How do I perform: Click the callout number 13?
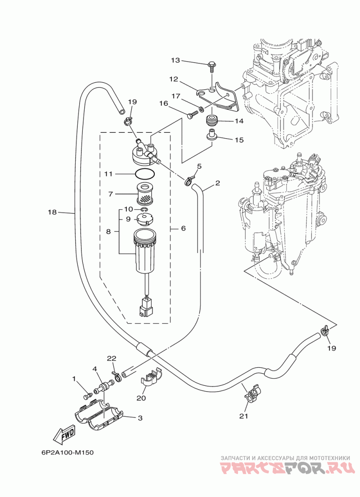pyautogui.click(x=175, y=60)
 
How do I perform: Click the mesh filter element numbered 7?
pyautogui.click(x=145, y=193)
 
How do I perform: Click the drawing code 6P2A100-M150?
pyautogui.click(x=67, y=452)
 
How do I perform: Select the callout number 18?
pyautogui.click(x=52, y=212)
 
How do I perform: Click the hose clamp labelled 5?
pyautogui.click(x=189, y=181)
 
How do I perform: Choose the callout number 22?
pyautogui.click(x=112, y=358)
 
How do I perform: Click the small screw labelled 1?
pyautogui.click(x=87, y=396)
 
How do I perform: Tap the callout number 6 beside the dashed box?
pyautogui.click(x=183, y=228)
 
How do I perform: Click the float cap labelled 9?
pyautogui.click(x=144, y=219)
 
